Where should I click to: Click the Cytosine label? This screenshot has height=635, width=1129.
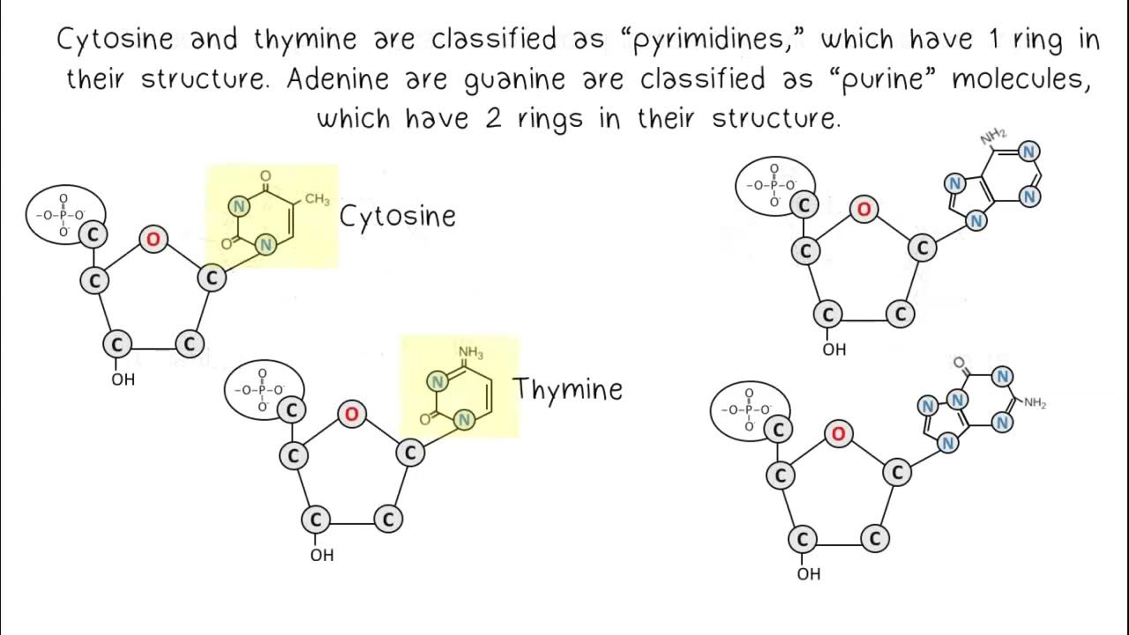coord(397,217)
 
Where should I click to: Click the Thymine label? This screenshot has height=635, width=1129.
coord(567,389)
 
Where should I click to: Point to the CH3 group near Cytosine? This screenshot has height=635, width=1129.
coord(317,199)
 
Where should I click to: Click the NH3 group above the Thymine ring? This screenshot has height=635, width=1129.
coord(470,354)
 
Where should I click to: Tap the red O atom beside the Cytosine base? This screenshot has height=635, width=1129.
coord(153,239)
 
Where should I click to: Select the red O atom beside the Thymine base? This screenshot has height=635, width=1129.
coord(352,414)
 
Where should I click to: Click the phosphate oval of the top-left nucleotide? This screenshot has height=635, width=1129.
coord(64,214)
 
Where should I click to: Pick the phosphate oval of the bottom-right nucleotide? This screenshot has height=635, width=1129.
coord(749,410)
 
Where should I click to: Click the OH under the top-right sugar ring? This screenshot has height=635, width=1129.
coord(834,349)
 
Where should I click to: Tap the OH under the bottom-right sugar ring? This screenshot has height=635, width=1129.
coord(808,574)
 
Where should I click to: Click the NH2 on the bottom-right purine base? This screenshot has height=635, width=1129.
coord(1034,404)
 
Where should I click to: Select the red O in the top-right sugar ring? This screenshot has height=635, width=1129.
coord(864,209)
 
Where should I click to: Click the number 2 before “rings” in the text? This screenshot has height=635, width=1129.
coord(492,118)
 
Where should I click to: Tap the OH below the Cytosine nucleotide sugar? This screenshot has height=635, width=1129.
coord(123,380)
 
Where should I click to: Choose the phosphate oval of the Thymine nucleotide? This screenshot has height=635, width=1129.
coord(263,389)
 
